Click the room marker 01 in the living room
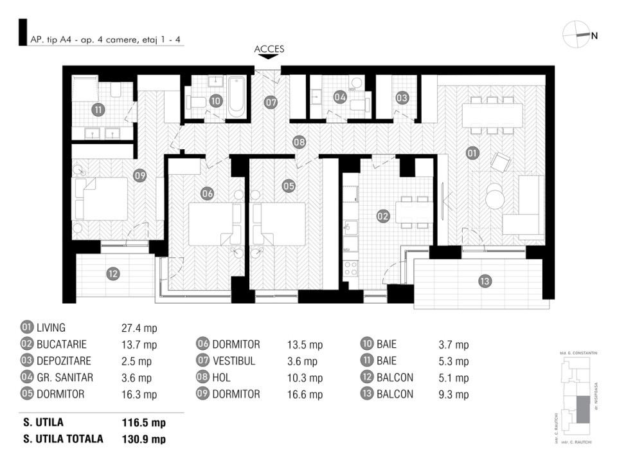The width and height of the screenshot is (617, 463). pyautogui.click(x=472, y=153)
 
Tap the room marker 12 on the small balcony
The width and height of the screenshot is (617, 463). pyautogui.click(x=113, y=273)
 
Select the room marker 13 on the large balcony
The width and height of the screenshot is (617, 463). pyautogui.click(x=485, y=280)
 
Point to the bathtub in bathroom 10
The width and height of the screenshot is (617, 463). pyautogui.click(x=237, y=96)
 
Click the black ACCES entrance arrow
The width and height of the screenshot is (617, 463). pyautogui.click(x=269, y=57)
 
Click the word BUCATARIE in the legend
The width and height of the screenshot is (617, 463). pyautogui.click(x=62, y=345)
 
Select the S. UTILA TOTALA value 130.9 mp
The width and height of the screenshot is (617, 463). pyautogui.click(x=143, y=439)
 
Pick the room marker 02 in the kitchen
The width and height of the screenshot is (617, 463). pyautogui.click(x=383, y=216)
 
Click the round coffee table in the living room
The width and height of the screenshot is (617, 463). pyautogui.click(x=496, y=196)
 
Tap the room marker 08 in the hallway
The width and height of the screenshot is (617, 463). pyautogui.click(x=299, y=141)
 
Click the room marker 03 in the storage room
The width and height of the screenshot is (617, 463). pyautogui.click(x=402, y=98)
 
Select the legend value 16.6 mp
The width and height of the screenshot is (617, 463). pyautogui.click(x=305, y=395)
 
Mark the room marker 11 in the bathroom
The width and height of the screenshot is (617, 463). pyautogui.click(x=97, y=109)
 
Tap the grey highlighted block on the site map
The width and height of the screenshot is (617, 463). pyautogui.click(x=582, y=410)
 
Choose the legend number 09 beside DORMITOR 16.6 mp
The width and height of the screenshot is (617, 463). pyautogui.click(x=202, y=394)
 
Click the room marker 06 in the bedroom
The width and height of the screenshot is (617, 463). pyautogui.click(x=207, y=193)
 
